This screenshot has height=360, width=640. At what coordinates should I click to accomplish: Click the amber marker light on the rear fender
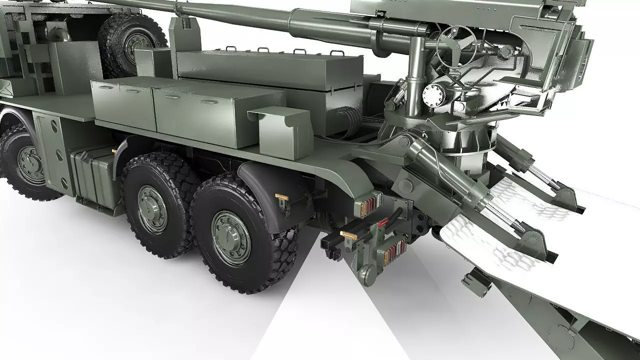(281, 197)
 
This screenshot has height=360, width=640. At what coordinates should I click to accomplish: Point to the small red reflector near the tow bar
(383, 222)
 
